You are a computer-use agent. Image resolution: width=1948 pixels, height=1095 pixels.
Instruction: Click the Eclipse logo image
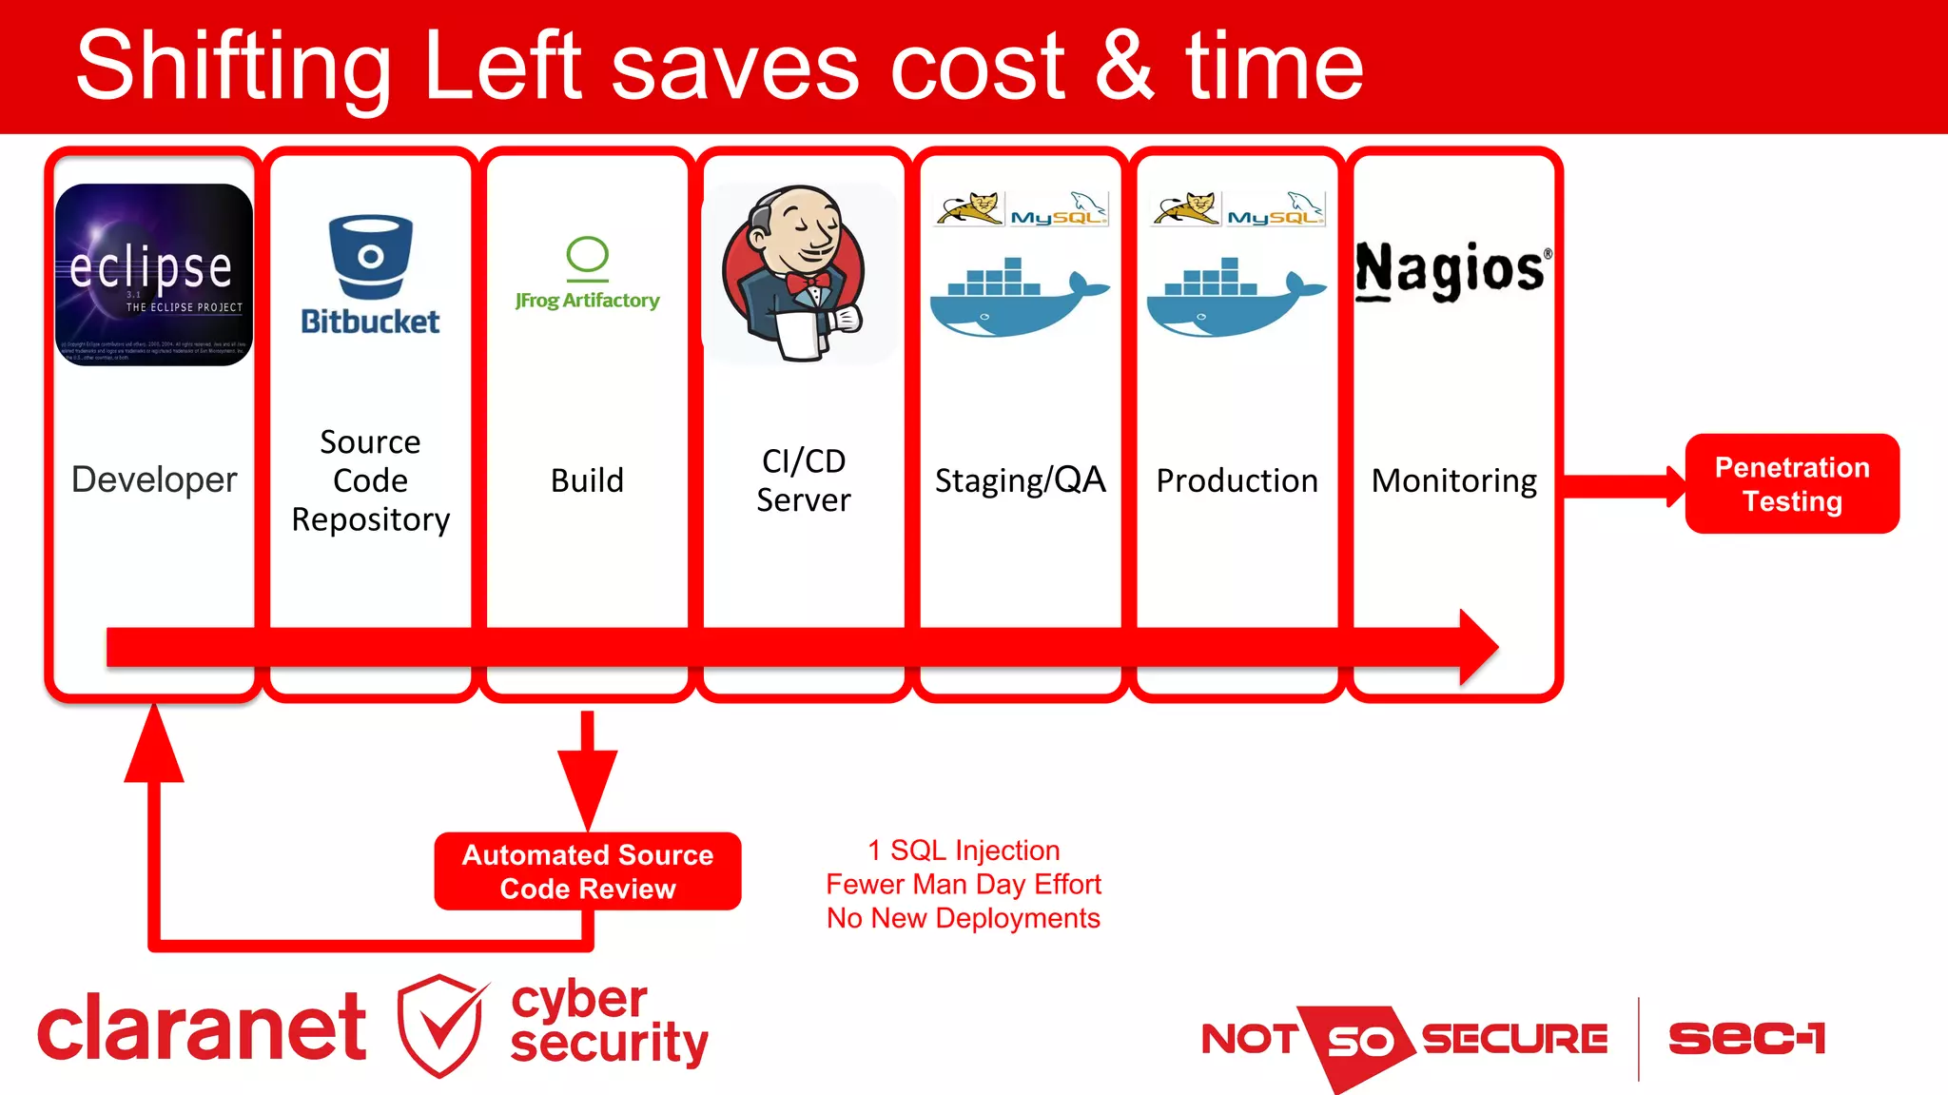[154, 274]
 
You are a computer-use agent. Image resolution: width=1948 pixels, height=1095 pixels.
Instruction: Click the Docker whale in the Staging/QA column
[1018, 297]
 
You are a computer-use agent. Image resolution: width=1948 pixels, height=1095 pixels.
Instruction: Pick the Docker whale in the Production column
[1235, 297]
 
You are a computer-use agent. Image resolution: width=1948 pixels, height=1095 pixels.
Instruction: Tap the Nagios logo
[1452, 270]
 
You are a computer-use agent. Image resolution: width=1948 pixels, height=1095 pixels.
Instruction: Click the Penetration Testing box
[1791, 483]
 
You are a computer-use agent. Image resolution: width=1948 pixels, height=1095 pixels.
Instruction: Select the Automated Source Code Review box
[587, 870]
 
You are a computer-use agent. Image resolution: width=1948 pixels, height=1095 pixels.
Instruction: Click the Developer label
[154, 479]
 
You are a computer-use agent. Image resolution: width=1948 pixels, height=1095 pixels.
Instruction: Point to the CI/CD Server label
[804, 480]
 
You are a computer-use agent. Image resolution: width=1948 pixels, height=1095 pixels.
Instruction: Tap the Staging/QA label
[1020, 480]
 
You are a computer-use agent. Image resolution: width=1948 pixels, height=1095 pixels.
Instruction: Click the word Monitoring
[1453, 480]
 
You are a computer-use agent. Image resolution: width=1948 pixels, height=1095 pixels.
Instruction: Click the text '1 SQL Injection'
[963, 850]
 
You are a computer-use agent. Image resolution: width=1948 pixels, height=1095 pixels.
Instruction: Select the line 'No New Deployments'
[963, 918]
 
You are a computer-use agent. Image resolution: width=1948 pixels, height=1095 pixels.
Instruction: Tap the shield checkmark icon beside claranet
[440, 1026]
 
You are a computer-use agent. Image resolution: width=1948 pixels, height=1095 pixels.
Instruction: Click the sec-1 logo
[1746, 1038]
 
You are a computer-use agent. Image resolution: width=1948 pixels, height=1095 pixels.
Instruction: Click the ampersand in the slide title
[1124, 67]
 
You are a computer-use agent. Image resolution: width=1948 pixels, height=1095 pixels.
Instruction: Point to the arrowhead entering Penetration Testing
[1676, 486]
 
